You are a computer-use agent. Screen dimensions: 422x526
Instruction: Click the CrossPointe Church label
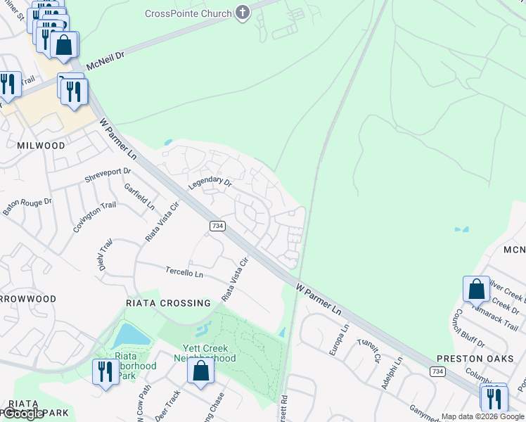coord(188,13)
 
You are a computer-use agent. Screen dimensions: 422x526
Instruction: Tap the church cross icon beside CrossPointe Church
coord(243,13)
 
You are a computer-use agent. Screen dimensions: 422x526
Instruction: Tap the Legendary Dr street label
coord(210,183)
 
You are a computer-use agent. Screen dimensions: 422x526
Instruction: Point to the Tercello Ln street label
coord(184,271)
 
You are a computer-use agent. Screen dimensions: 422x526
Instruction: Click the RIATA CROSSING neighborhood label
coord(167,303)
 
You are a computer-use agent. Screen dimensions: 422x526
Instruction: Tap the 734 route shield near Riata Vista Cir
coord(217,226)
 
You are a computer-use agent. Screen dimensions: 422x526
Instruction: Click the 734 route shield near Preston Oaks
coord(437,371)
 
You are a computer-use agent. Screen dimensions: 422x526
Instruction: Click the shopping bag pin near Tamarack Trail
coord(476,289)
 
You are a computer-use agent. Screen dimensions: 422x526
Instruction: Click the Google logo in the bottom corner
coord(23,414)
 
